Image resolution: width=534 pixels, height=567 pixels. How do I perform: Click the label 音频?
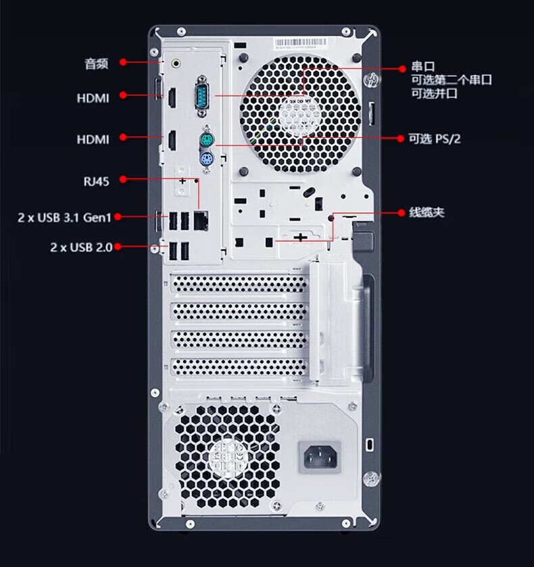[x=96, y=64]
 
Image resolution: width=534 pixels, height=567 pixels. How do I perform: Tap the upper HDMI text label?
[x=93, y=97]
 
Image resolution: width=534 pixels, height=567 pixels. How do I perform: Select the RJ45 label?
[x=95, y=180]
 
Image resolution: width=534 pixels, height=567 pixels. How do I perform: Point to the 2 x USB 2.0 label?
[x=80, y=247]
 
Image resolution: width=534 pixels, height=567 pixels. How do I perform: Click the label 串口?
[x=423, y=67]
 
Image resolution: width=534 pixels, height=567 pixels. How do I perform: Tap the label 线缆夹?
[x=427, y=212]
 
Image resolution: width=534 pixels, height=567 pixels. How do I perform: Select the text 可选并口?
[x=435, y=93]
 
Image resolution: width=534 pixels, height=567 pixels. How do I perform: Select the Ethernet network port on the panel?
[x=200, y=219]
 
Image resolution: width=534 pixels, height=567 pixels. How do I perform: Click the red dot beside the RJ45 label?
[x=123, y=180]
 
